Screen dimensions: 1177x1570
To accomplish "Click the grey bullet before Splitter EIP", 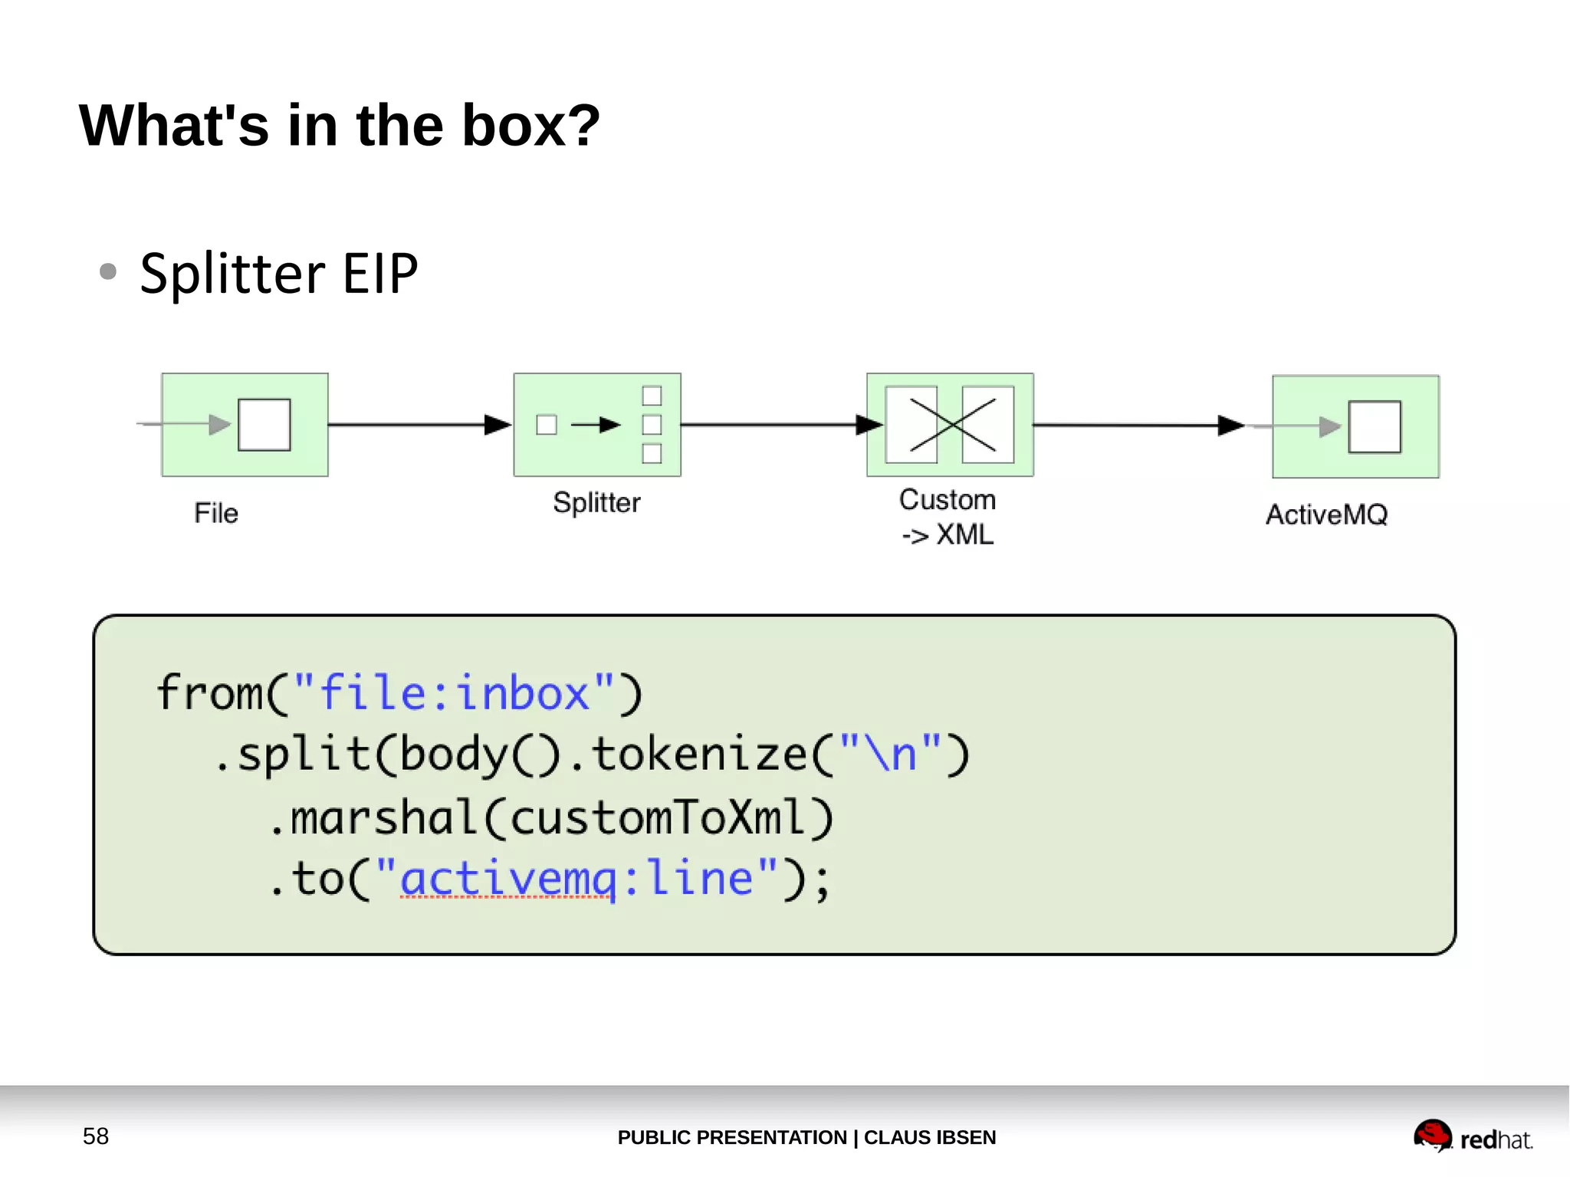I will (108, 271).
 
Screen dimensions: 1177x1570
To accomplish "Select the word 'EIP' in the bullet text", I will (379, 274).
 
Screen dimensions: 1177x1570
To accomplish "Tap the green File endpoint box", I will (245, 425).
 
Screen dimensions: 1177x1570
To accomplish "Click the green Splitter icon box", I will (596, 425).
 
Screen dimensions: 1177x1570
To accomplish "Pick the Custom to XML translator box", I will (950, 425).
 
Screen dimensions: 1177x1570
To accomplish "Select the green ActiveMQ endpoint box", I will (1355, 426).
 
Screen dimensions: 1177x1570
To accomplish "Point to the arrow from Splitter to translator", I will (774, 424).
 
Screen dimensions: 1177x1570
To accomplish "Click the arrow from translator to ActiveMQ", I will (1135, 425).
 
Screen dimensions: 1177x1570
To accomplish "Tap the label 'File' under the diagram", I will (216, 513).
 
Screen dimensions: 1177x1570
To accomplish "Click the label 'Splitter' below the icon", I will (596, 502).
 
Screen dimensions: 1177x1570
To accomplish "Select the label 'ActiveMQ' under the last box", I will (1326, 515).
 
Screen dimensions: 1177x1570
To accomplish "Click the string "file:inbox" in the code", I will (454, 693).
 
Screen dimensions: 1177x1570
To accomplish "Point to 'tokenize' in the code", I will (699, 755).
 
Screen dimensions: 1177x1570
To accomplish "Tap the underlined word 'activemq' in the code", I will (507, 879).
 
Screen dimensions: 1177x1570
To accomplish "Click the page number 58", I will (96, 1136).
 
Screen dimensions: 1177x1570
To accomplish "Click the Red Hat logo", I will (1472, 1136).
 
